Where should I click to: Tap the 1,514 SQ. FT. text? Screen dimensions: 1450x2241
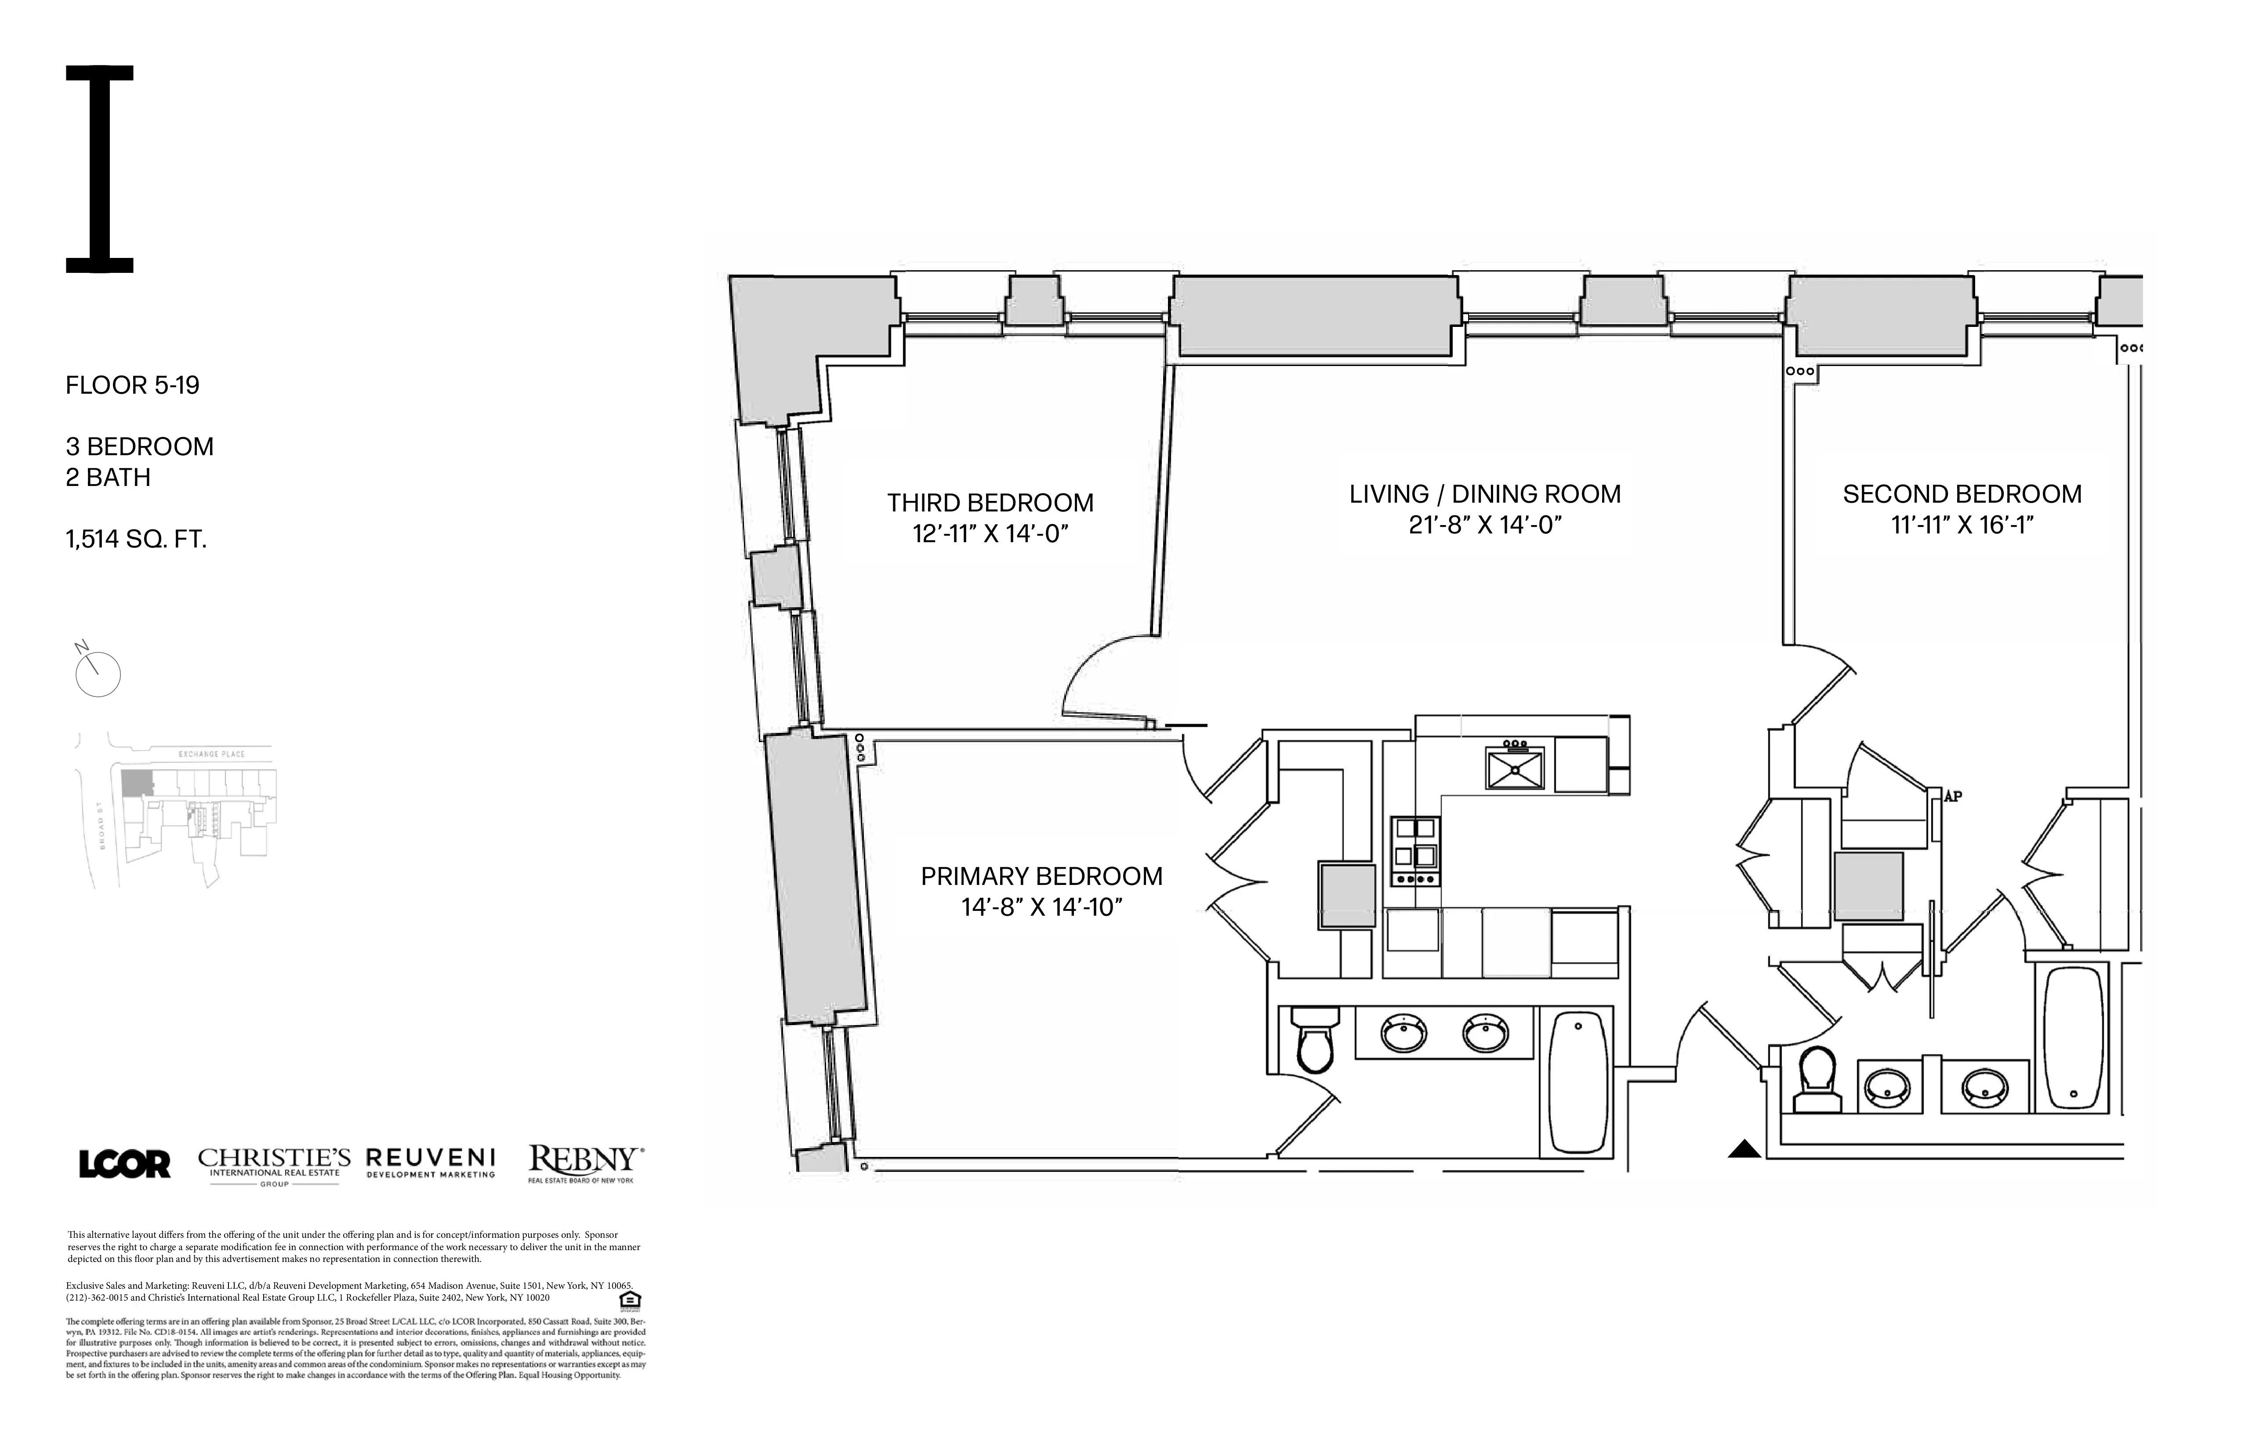137,540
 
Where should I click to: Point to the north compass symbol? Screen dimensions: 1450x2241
97,672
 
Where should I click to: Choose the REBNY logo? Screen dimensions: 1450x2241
585,1163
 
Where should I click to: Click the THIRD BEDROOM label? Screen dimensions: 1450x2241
990,503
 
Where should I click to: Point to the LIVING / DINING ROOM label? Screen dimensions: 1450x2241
1485,494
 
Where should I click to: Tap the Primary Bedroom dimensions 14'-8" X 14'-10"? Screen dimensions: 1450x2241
1041,908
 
